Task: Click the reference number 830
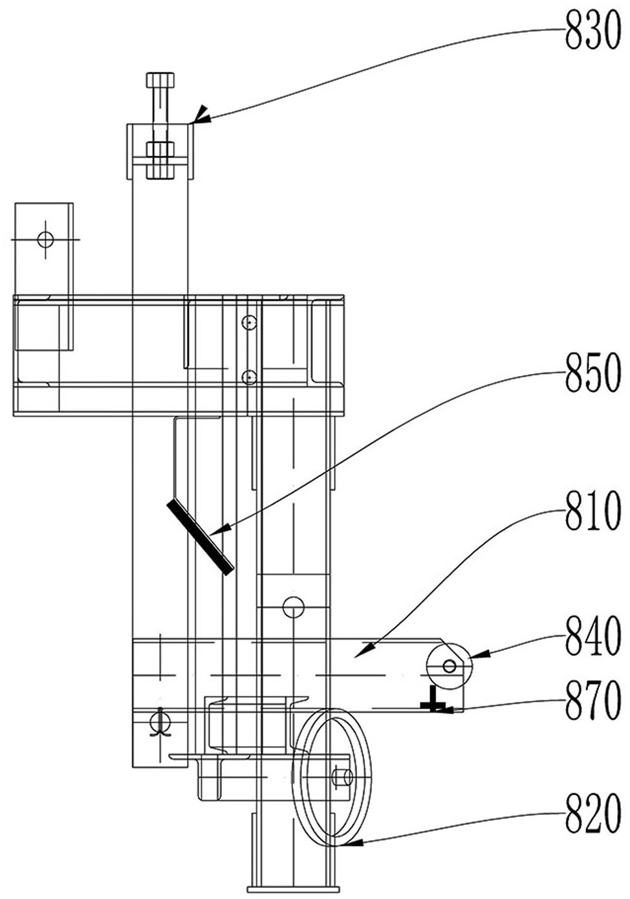click(592, 34)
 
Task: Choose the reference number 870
click(592, 704)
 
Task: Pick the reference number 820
click(592, 817)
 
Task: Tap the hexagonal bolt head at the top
click(160, 81)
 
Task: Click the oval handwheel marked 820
click(333, 777)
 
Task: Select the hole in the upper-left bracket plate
click(45, 239)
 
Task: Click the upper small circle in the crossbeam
click(248, 322)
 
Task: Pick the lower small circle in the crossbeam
click(248, 377)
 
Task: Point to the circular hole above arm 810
click(293, 607)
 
